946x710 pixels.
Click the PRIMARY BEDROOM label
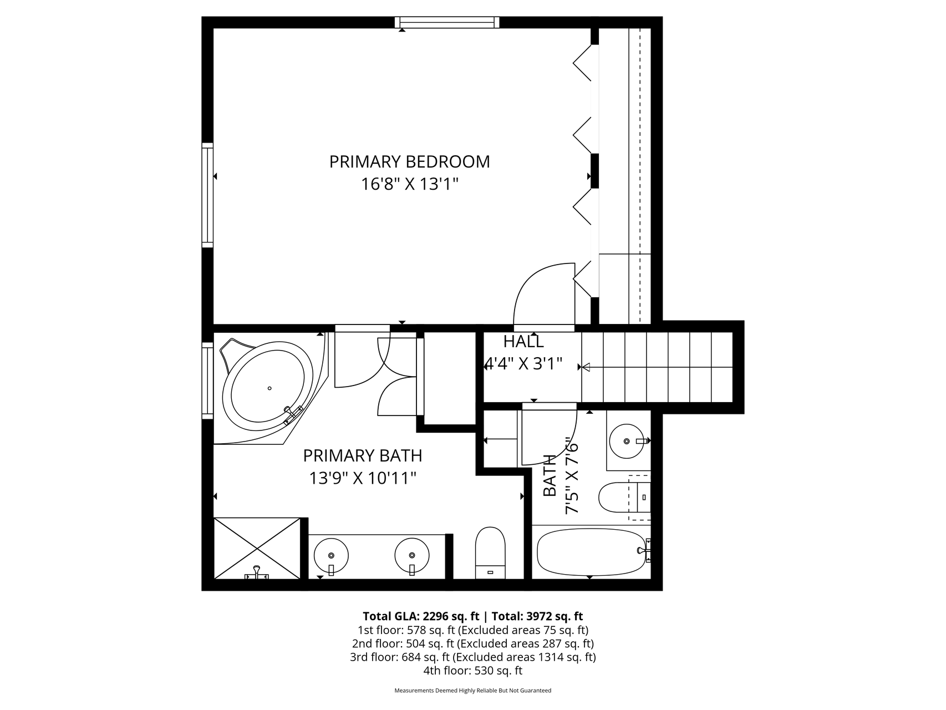[x=409, y=162]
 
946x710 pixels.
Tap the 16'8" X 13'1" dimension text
[x=410, y=184]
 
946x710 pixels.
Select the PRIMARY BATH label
[x=363, y=456]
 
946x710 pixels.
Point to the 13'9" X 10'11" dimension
[x=363, y=478]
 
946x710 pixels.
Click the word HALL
[x=523, y=342]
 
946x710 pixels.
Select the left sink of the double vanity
[x=331, y=555]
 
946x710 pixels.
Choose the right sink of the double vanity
[x=412, y=555]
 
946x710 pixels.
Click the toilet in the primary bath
[x=491, y=553]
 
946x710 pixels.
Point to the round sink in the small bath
[x=627, y=441]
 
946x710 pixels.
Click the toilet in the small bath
[x=624, y=498]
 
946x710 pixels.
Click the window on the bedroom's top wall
[x=447, y=22]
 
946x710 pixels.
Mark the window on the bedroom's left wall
[x=207, y=195]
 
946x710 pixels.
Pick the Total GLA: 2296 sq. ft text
[x=421, y=616]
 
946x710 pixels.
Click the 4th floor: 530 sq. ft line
[x=472, y=671]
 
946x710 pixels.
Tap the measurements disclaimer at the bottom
[x=472, y=691]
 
